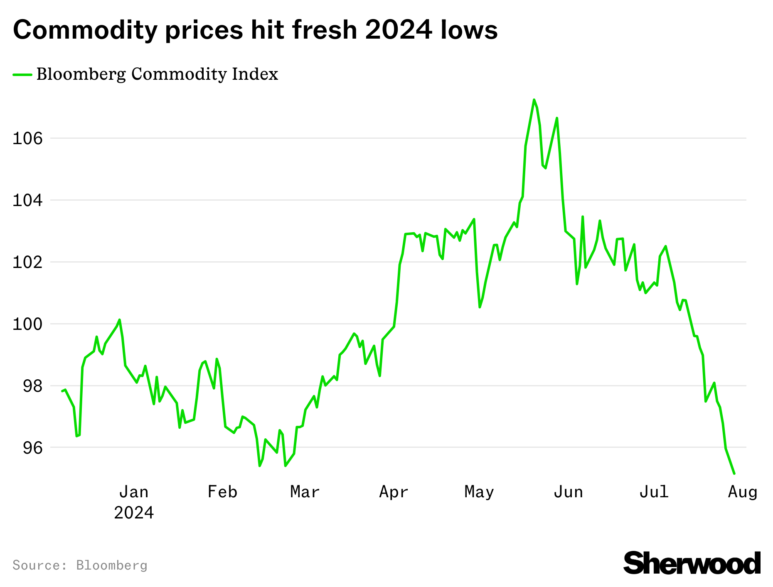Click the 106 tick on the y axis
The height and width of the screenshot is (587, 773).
27,138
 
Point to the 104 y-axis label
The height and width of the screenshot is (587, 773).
27,201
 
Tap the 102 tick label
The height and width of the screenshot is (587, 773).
27,263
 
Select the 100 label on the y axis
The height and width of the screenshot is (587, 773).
27,324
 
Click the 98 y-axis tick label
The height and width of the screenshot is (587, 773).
32,386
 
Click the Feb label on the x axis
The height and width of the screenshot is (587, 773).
222,492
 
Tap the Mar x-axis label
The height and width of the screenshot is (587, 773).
305,492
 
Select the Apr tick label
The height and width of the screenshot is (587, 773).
394,492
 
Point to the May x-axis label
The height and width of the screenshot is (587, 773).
479,492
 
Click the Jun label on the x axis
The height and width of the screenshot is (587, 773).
568,492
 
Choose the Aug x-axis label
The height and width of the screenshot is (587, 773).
743,492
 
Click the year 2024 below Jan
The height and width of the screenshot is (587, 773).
134,513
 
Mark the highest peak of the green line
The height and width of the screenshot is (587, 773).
534,100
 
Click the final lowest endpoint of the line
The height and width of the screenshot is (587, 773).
734,473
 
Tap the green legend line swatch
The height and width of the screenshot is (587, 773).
22,75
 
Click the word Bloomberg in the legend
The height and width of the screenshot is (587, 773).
81,75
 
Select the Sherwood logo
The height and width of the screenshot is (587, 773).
692,563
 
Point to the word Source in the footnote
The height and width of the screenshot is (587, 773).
39,565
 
